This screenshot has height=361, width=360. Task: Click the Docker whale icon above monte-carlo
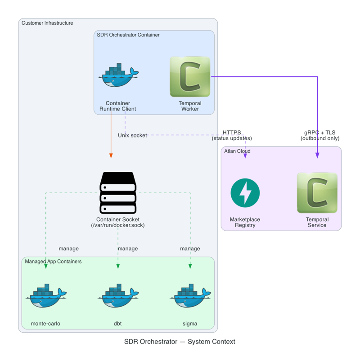[47, 296]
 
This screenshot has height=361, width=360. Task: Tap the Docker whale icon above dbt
[118, 296]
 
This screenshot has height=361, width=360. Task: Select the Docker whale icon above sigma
[190, 296]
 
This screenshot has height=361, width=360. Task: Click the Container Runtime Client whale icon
[118, 75]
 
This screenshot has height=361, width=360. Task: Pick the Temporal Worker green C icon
[190, 76]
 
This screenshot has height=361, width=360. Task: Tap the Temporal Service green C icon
[317, 192]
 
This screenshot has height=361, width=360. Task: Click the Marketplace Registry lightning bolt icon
[245, 193]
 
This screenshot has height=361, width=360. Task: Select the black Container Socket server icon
[118, 192]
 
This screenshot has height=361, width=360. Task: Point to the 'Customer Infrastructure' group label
[47, 23]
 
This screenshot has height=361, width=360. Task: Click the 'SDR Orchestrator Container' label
[128, 35]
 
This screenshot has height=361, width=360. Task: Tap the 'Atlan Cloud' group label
[237, 151]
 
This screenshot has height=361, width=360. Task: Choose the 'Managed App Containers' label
[53, 261]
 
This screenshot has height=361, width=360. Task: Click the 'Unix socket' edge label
[132, 135]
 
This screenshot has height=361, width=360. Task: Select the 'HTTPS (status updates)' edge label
[232, 135]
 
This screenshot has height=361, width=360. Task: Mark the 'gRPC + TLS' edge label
[319, 133]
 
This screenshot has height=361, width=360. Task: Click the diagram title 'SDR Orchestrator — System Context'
[180, 342]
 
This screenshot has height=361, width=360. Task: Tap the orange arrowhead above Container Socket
[111, 155]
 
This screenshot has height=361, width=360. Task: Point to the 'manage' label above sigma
[190, 249]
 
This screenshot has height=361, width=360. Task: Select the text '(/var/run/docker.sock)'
[118, 225]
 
